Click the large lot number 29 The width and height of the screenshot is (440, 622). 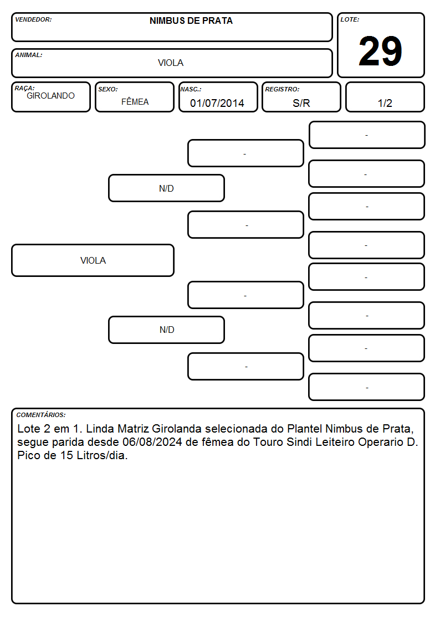380,51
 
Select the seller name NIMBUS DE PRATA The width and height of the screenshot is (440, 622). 191,21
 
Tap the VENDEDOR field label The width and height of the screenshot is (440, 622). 33,19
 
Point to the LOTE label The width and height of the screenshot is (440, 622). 350,19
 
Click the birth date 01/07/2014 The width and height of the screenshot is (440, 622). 217,103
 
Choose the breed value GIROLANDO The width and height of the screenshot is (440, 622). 50,96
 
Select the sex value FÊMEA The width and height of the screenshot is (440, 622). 135,101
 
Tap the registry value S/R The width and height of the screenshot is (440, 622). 301,103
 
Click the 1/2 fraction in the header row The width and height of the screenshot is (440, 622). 385,103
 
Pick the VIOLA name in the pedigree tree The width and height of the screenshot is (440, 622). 93,261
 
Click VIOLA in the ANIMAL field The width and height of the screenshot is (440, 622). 171,63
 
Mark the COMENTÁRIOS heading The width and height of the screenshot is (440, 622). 41,415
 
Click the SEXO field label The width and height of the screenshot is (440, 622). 108,89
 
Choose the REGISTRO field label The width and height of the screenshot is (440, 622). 282,89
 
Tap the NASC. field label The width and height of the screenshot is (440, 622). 191,89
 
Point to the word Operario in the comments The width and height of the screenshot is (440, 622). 381,442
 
